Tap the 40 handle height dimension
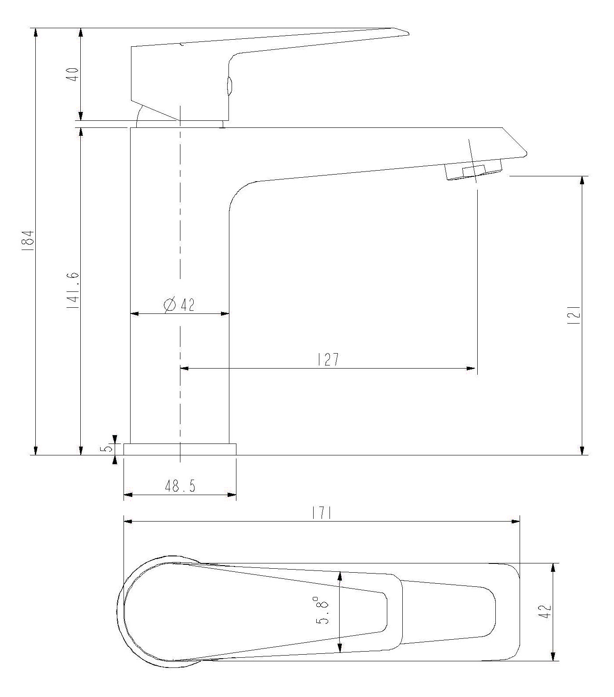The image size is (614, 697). [x=73, y=74]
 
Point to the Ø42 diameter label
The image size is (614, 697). [x=179, y=305]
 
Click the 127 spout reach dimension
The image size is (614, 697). [x=328, y=359]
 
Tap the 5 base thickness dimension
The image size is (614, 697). [x=106, y=449]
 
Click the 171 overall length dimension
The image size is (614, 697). [x=322, y=513]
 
